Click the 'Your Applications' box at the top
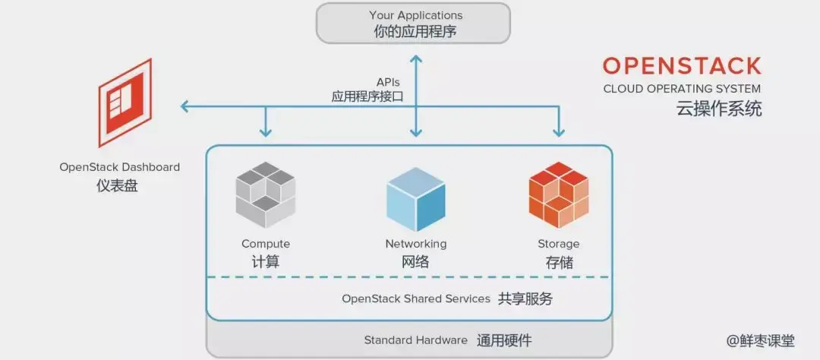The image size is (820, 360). [414, 23]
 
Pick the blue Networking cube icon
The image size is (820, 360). [415, 199]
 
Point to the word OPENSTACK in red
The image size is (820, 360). [681, 65]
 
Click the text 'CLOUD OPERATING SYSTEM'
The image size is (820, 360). [681, 89]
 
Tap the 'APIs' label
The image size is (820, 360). [388, 82]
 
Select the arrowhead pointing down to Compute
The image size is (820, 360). [266, 132]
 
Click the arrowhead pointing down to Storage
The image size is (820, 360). [559, 132]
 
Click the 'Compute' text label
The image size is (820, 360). [266, 244]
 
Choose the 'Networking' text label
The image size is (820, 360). [415, 244]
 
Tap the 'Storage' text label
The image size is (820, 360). [558, 244]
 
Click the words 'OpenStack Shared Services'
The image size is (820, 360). [416, 298]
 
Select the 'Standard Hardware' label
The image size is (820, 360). [415, 339]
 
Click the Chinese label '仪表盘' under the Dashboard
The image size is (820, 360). [118, 185]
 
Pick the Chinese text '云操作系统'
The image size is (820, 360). [718, 109]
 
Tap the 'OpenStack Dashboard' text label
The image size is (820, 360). [119, 166]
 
